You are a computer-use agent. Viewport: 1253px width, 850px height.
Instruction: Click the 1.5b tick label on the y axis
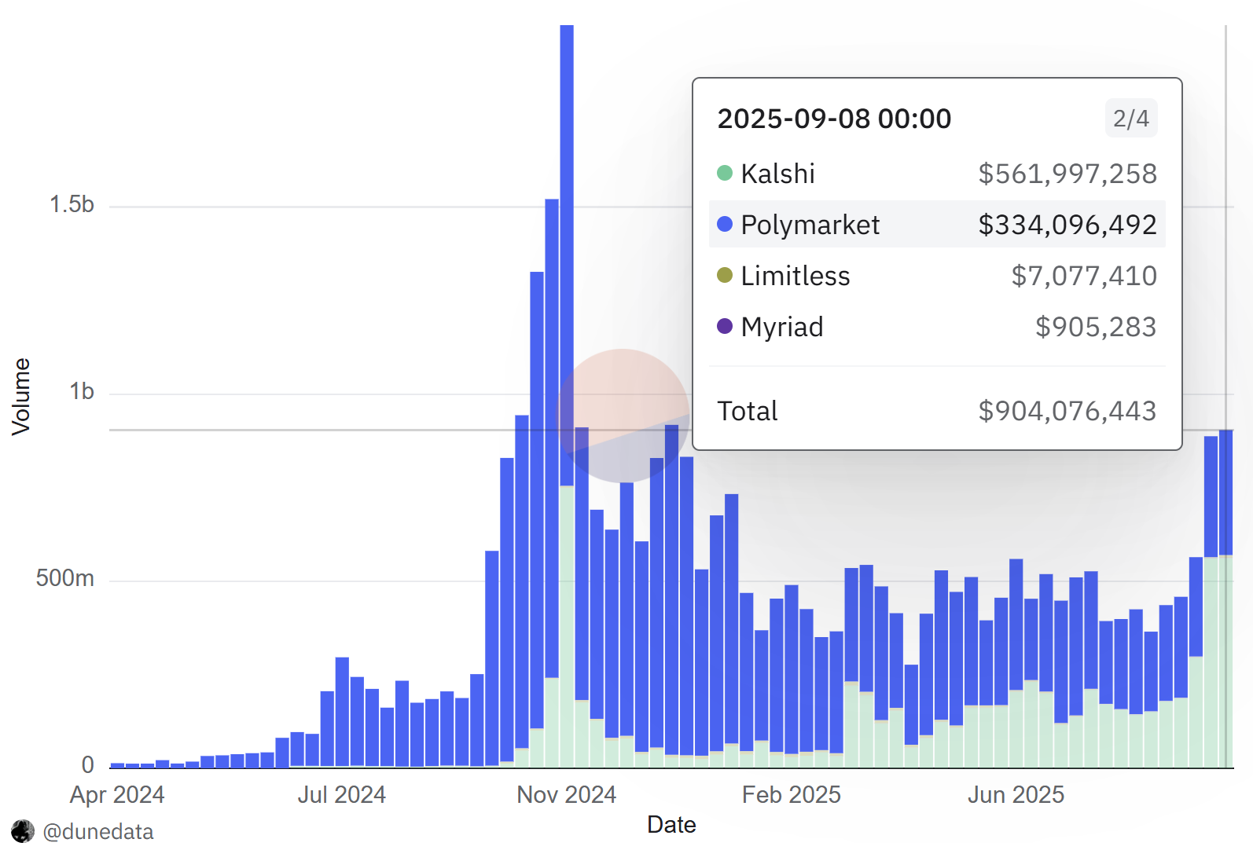click(x=72, y=204)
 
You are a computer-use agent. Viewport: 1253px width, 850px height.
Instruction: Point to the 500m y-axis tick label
click(x=64, y=578)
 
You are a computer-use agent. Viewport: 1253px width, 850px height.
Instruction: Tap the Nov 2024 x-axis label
click(x=566, y=795)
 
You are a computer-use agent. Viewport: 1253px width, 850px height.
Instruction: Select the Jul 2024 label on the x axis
click(x=341, y=795)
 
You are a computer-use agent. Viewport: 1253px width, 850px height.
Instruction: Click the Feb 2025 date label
click(x=791, y=795)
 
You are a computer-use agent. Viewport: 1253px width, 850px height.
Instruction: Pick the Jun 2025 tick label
click(x=1016, y=795)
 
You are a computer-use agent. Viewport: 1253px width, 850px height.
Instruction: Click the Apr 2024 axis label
click(x=117, y=795)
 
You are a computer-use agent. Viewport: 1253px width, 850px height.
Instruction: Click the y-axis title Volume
click(x=21, y=397)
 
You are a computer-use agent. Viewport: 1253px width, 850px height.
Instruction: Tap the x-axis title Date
click(x=671, y=825)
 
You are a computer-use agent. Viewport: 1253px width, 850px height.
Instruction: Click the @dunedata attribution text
click(x=98, y=831)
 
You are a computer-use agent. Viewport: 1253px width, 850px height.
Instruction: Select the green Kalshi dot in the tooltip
click(x=725, y=173)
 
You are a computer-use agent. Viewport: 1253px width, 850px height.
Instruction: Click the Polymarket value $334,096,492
click(x=1067, y=225)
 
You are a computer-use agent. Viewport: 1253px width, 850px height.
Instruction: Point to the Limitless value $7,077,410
click(x=1083, y=276)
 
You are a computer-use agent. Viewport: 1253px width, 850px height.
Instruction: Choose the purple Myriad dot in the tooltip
click(x=725, y=326)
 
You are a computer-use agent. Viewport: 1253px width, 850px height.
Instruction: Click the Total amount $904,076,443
click(x=1067, y=411)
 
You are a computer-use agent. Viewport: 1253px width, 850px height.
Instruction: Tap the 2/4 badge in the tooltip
click(x=1130, y=119)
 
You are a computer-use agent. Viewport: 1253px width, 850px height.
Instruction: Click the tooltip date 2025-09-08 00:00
click(x=834, y=119)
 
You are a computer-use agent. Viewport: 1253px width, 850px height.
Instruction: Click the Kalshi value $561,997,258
click(x=1067, y=174)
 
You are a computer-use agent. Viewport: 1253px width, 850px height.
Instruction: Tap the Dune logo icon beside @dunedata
click(x=23, y=831)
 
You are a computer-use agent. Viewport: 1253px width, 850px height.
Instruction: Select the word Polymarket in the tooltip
click(x=810, y=225)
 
